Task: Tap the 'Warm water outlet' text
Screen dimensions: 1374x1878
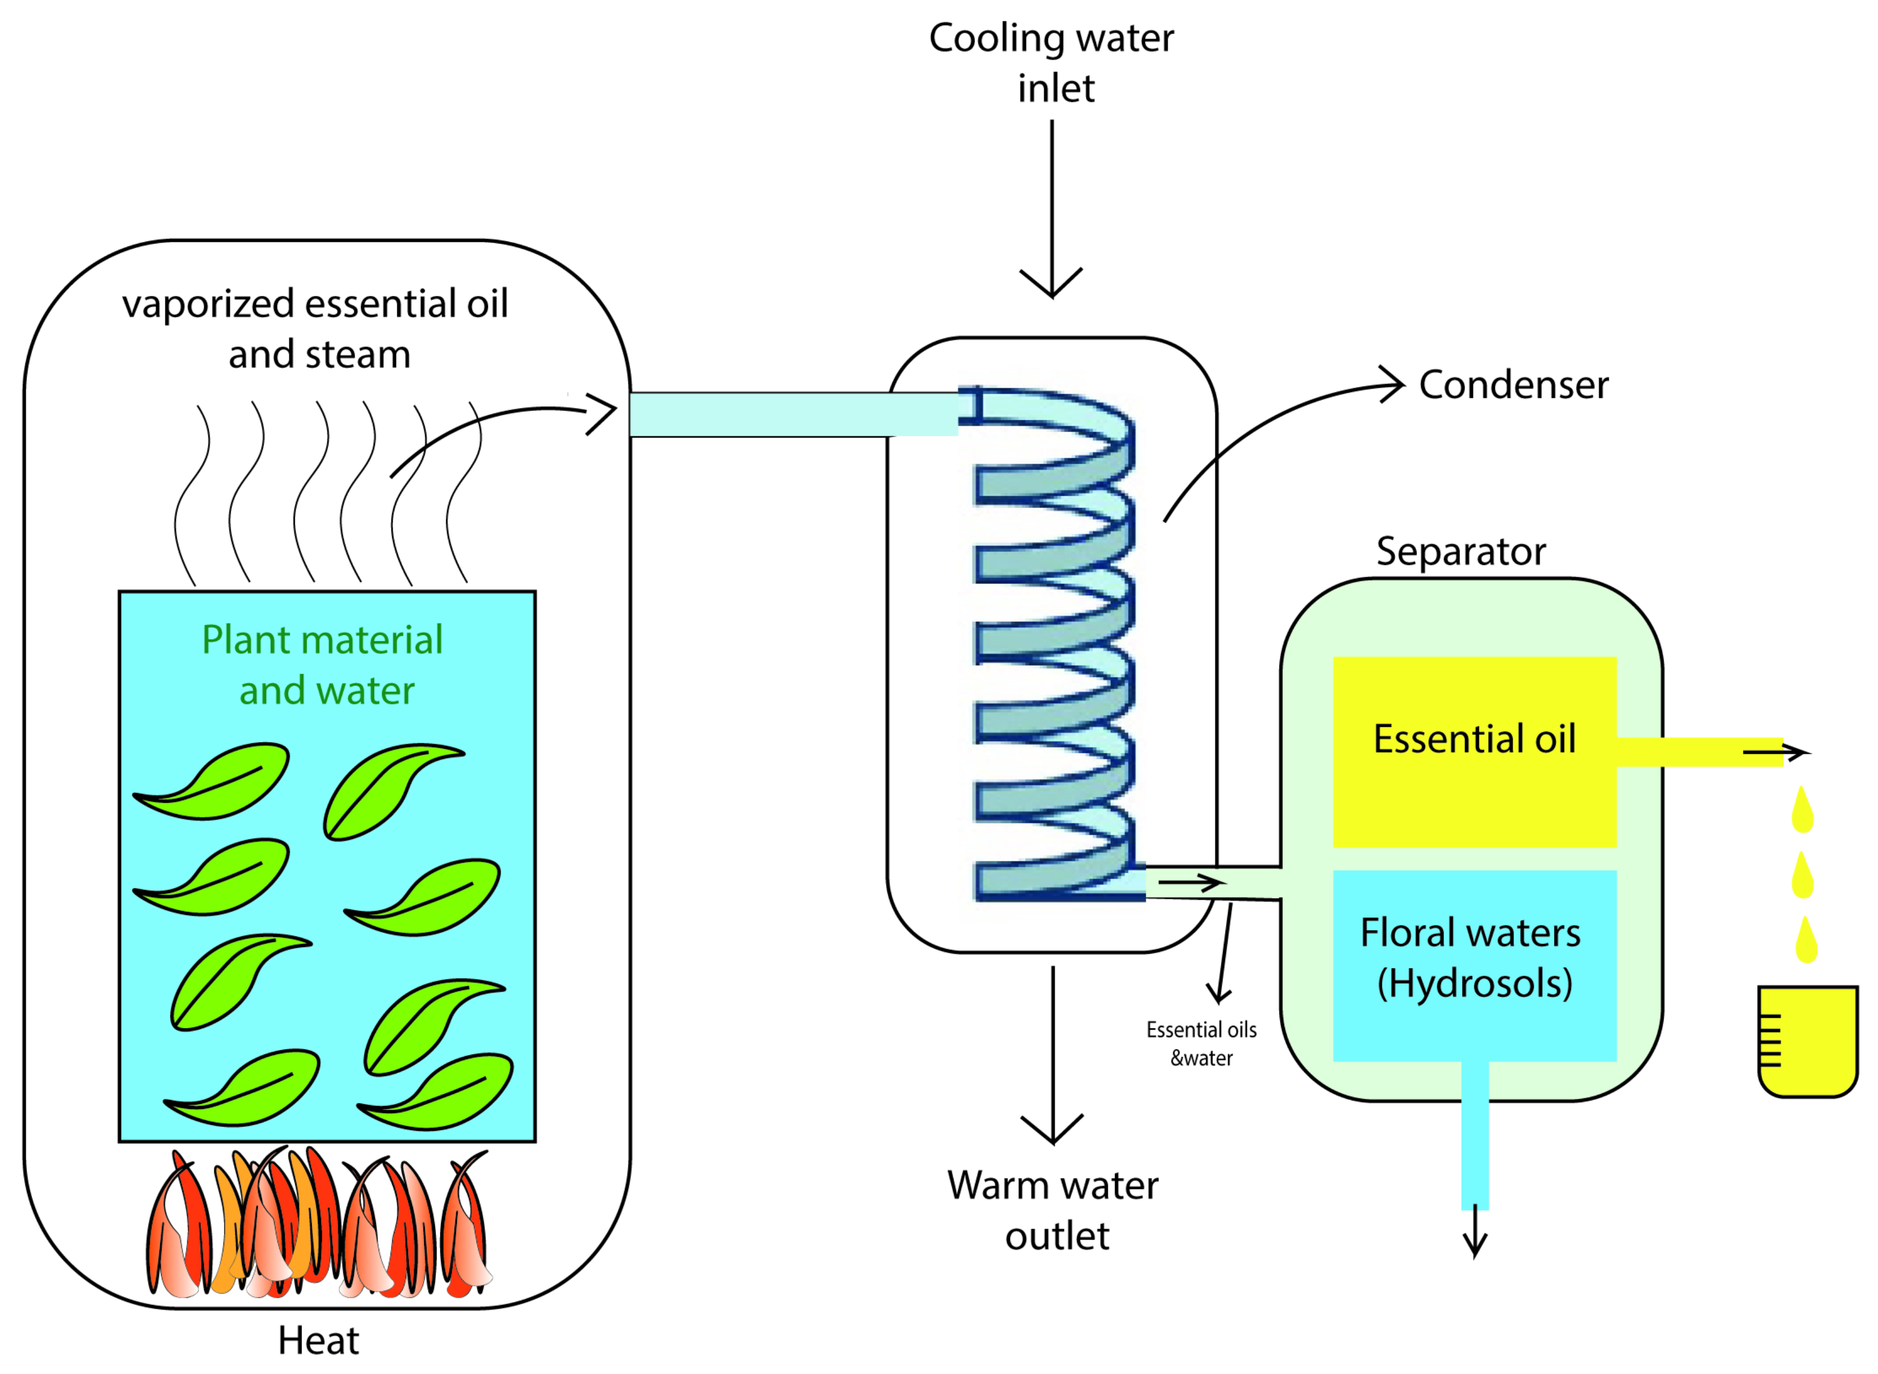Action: (x=1053, y=1210)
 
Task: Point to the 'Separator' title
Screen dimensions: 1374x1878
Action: (x=1461, y=551)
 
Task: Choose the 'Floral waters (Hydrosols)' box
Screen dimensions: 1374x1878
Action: (x=1474, y=965)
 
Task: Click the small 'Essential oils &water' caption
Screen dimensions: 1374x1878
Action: (x=1201, y=1044)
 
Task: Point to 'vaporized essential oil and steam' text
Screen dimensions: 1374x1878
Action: (x=316, y=329)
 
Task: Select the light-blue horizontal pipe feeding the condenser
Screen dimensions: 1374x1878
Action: (x=790, y=414)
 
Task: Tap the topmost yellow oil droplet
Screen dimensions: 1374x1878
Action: (x=1802, y=810)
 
